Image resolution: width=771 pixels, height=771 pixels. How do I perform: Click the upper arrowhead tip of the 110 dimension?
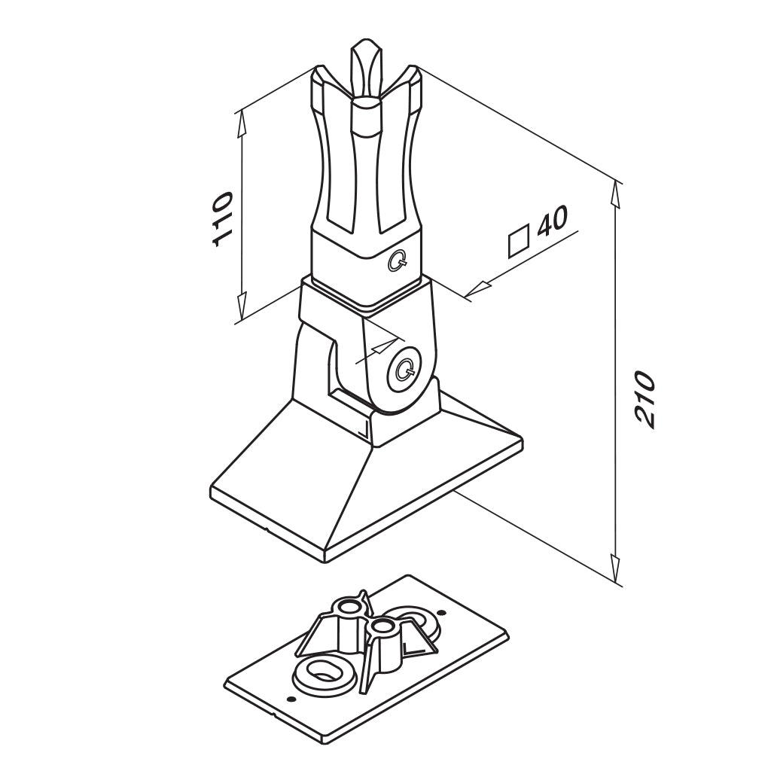point(241,111)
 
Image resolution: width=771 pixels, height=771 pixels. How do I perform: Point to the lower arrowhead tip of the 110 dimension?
point(242,319)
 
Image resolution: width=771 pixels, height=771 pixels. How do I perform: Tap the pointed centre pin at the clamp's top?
point(365,69)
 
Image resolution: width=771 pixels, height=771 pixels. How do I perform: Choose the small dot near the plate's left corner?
point(291,698)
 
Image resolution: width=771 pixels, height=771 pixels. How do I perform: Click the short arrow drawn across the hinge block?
point(379,349)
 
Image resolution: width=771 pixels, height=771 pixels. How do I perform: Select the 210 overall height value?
point(645,400)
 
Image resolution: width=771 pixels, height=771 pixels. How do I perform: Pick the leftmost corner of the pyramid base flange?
point(211,489)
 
